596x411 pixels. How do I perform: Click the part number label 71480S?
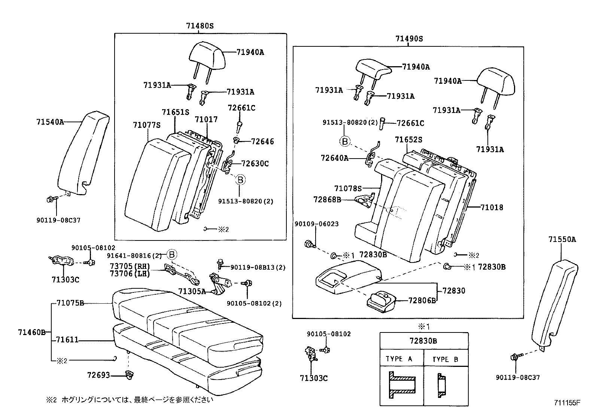click(x=200, y=26)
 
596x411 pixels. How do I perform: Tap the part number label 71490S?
click(x=409, y=39)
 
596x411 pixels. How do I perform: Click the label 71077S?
click(x=146, y=125)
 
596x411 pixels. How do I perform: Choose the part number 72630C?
click(x=255, y=163)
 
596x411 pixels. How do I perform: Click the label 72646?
click(x=262, y=141)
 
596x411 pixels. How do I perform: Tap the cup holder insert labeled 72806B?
click(x=381, y=300)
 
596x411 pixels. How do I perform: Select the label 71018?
click(x=492, y=207)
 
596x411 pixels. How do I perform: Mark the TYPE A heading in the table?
click(x=399, y=359)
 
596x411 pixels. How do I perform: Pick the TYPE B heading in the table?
click(x=445, y=359)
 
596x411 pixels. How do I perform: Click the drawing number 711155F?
click(x=567, y=403)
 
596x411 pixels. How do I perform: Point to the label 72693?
click(x=98, y=374)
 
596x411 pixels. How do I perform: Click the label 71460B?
click(x=31, y=332)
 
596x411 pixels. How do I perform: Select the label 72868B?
click(x=327, y=200)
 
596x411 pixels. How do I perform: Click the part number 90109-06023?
click(x=316, y=224)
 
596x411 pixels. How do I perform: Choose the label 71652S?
click(x=408, y=139)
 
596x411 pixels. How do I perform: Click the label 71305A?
click(x=192, y=291)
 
